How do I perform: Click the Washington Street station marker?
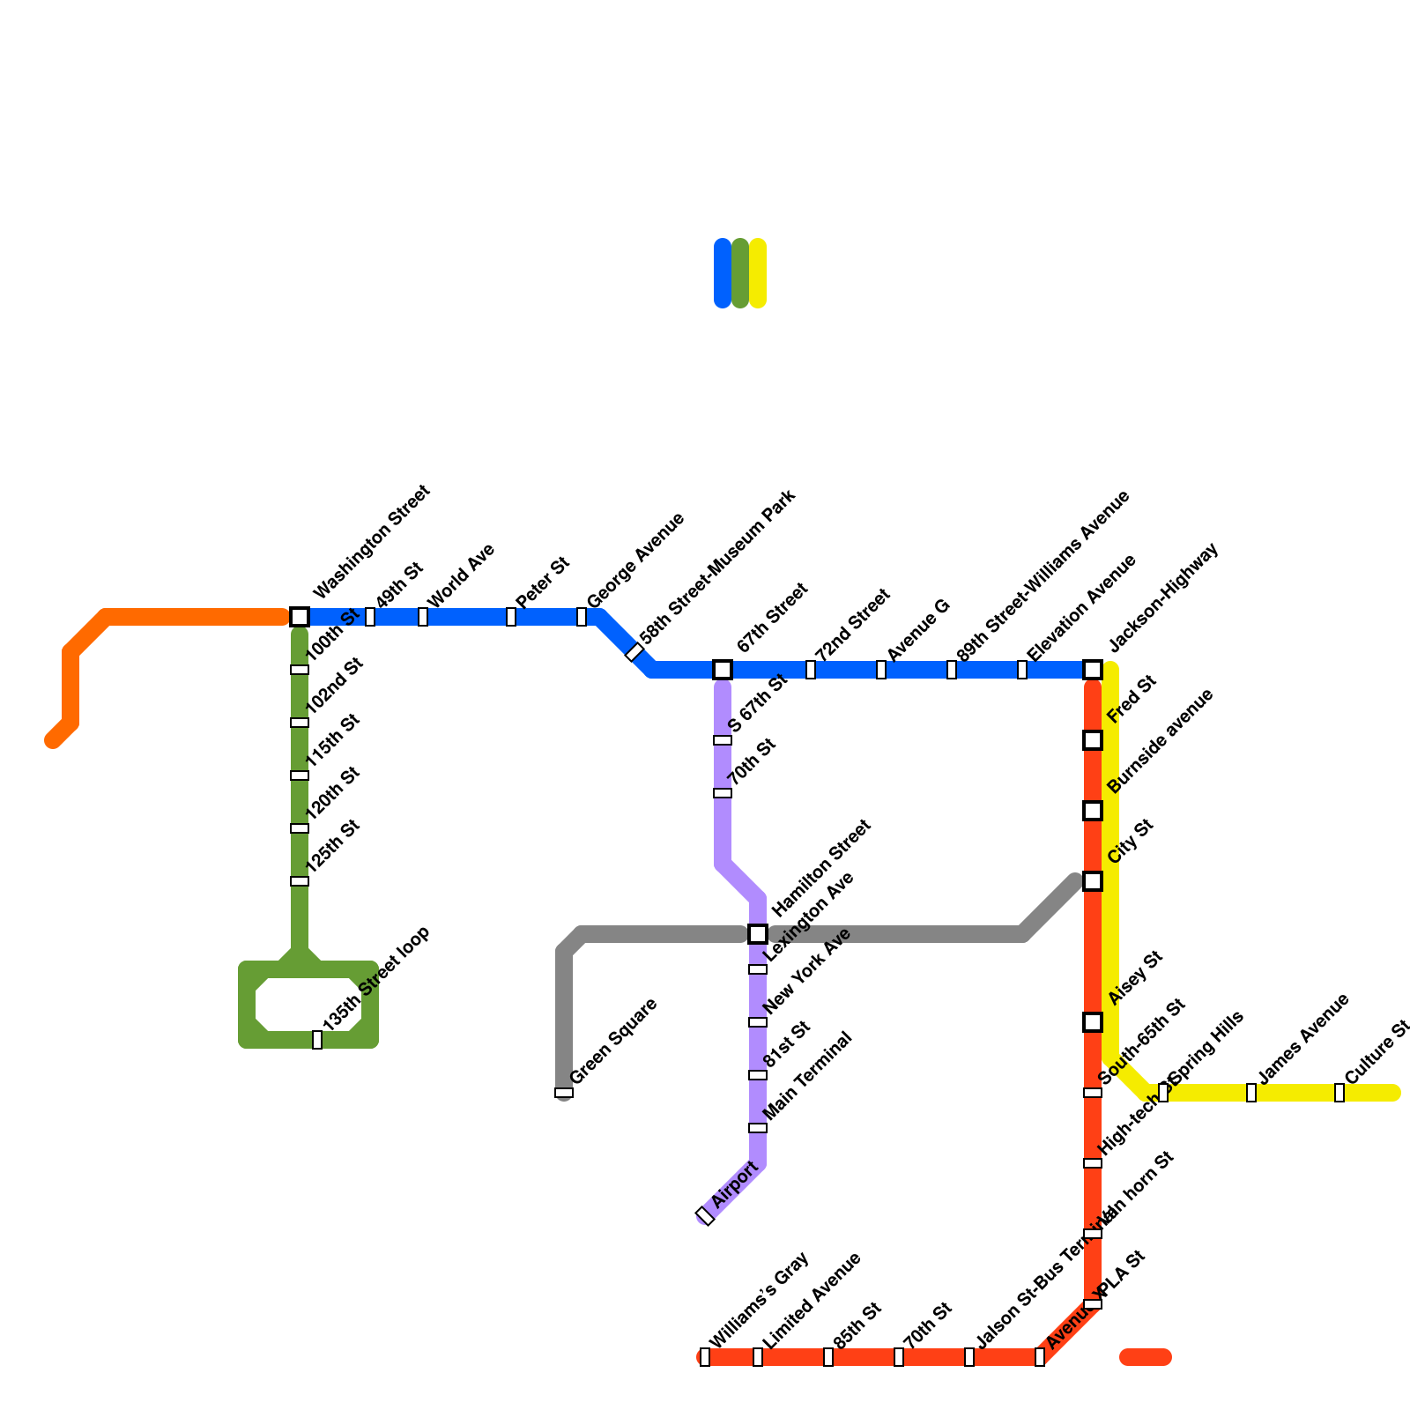click(x=300, y=617)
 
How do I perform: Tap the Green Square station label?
click(x=613, y=1041)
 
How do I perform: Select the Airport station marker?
click(x=704, y=1216)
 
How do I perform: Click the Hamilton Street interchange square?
click(x=758, y=934)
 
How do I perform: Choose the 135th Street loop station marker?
click(x=317, y=1040)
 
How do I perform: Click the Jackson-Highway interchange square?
click(x=1093, y=670)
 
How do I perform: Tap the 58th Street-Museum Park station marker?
click(x=634, y=652)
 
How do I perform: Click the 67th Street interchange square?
click(x=723, y=670)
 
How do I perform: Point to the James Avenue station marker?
click(x=1251, y=1093)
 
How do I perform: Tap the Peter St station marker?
click(x=511, y=617)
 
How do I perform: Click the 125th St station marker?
click(x=300, y=881)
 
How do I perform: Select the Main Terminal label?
click(x=808, y=1076)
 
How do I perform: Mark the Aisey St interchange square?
click(x=1093, y=1022)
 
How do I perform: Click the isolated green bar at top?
click(x=740, y=273)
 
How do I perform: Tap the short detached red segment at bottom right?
click(x=1146, y=1357)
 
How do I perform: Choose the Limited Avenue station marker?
click(x=758, y=1357)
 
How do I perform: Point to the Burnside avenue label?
click(x=1161, y=740)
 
